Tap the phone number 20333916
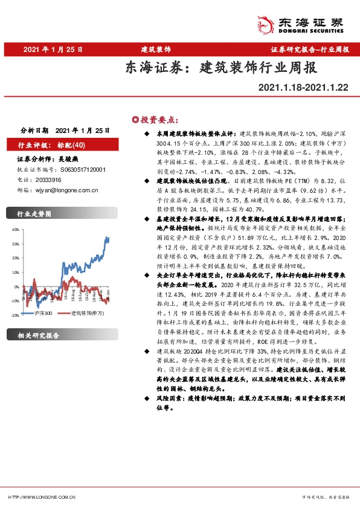48,180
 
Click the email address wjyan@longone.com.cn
66,189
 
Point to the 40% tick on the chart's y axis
13,231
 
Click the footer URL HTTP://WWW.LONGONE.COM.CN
42,497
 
